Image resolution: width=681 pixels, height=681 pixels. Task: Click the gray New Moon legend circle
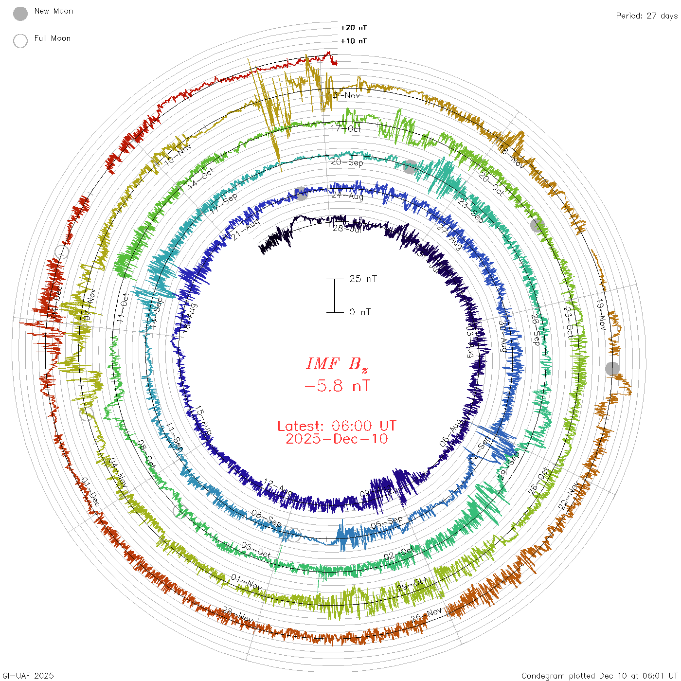(20, 14)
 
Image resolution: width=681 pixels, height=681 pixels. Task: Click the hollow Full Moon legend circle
(20, 41)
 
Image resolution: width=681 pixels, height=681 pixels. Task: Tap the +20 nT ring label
(354, 28)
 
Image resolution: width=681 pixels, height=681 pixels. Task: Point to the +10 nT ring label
(354, 41)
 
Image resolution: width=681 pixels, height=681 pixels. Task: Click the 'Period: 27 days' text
(646, 16)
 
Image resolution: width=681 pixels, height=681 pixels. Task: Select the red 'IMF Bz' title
(337, 364)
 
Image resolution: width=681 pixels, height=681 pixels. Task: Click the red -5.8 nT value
(337, 386)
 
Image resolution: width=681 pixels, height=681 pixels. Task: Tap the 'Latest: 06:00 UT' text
(337, 426)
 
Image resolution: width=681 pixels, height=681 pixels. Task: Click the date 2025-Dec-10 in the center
(337, 439)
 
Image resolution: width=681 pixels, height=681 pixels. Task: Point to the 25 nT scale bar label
(363, 279)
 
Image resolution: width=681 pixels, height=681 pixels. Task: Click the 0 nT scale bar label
(360, 312)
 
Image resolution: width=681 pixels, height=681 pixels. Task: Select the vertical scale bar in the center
(335, 295)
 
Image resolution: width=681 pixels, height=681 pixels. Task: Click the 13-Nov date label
(344, 95)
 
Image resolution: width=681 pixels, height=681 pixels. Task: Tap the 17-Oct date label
(346, 128)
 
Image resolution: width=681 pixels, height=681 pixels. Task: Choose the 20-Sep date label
(347, 162)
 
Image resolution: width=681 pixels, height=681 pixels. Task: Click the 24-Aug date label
(347, 196)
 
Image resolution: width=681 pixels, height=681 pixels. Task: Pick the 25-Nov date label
(427, 614)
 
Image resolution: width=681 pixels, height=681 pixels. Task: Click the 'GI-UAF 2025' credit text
(28, 676)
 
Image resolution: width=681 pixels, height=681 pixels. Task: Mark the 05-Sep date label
(387, 522)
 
